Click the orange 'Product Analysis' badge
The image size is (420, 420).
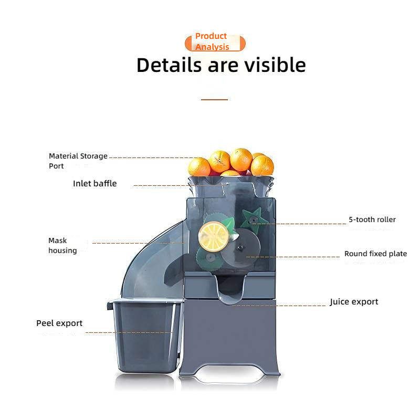pyautogui.click(x=215, y=42)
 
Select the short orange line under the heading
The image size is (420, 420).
pyautogui.click(x=214, y=99)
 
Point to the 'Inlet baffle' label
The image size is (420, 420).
pyautogui.click(x=94, y=184)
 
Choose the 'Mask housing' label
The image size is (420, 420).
pyautogui.click(x=62, y=245)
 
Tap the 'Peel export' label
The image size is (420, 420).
pyautogui.click(x=59, y=323)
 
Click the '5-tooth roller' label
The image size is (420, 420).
pyautogui.click(x=372, y=219)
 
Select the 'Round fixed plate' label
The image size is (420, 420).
pyautogui.click(x=375, y=254)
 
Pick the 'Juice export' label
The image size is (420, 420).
pyautogui.click(x=354, y=302)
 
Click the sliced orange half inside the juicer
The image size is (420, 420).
pyautogui.click(x=213, y=236)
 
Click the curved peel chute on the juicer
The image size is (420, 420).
pyautogui.click(x=152, y=262)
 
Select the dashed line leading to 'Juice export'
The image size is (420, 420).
pyautogui.click(x=283, y=305)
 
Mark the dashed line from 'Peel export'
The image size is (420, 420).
pyautogui.click(x=129, y=332)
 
